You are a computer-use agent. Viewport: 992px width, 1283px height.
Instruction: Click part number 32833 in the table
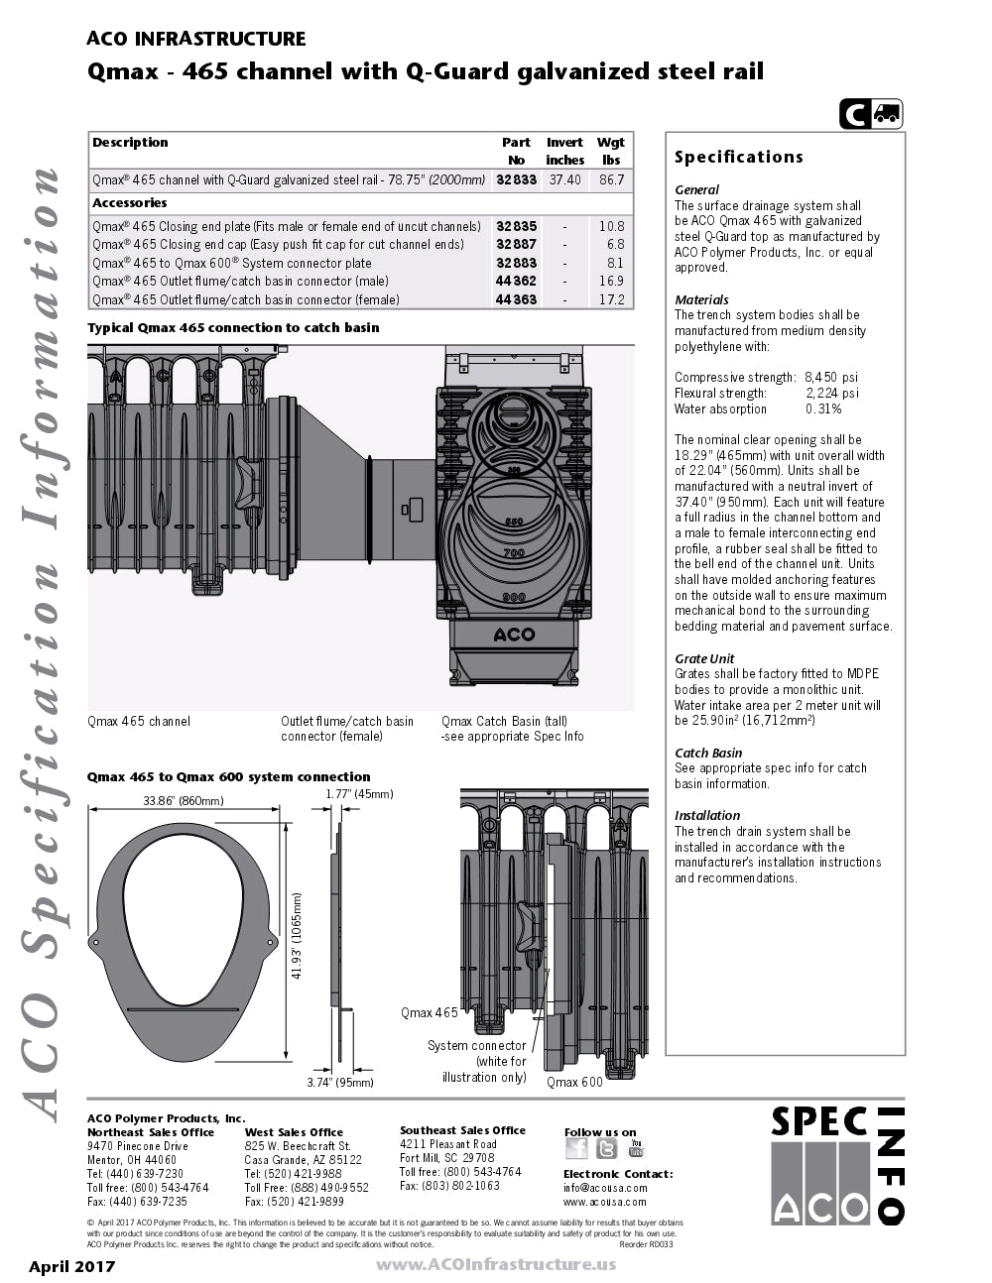click(516, 179)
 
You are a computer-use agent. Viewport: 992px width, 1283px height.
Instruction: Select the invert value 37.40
click(565, 179)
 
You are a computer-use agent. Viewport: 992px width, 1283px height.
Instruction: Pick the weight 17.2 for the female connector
click(612, 299)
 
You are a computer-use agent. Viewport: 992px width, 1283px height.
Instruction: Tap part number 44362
click(516, 282)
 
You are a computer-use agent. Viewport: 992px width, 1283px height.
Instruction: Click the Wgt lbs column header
click(611, 151)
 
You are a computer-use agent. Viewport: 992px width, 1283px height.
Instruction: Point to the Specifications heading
click(738, 157)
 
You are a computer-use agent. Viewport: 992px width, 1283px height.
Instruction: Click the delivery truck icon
click(887, 115)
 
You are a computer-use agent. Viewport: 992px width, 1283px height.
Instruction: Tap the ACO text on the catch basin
click(514, 635)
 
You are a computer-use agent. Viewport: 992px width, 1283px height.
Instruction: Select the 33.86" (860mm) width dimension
click(184, 801)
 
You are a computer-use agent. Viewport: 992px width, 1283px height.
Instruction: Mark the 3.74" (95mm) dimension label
click(340, 1083)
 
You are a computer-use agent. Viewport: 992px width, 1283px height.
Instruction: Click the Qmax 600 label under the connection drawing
click(574, 1083)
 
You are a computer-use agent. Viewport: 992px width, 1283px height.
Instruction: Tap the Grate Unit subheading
click(704, 658)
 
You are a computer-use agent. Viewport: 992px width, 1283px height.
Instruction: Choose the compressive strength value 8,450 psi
click(831, 378)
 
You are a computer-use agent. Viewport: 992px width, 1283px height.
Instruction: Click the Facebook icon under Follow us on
click(576, 1148)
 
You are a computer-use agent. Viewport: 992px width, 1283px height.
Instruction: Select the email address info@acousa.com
click(605, 1188)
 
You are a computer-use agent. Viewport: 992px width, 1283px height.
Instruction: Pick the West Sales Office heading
click(294, 1132)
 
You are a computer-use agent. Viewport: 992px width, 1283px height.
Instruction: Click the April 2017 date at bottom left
click(71, 1266)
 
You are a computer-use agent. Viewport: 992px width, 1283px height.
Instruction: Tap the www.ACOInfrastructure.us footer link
click(495, 1264)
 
